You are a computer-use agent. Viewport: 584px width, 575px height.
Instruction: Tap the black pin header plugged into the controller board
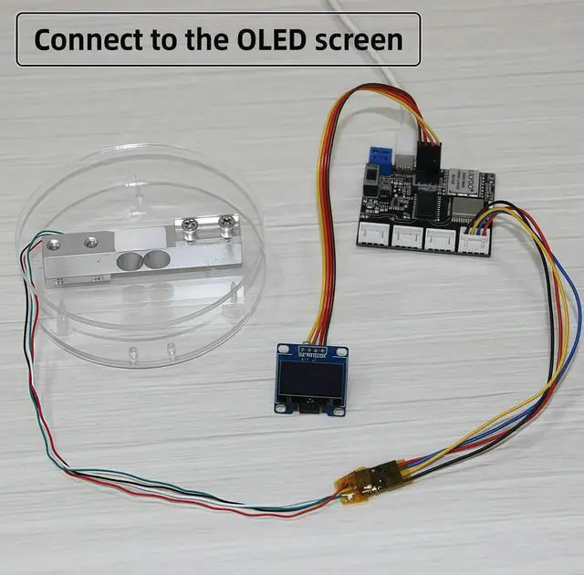[427, 163]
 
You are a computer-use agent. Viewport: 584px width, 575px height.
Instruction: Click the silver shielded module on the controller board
[471, 211]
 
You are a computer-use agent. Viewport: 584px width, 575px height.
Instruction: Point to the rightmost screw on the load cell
[224, 221]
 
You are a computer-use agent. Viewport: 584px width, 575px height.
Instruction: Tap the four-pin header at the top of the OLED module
[312, 350]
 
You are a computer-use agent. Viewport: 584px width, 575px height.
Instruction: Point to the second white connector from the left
[406, 237]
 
